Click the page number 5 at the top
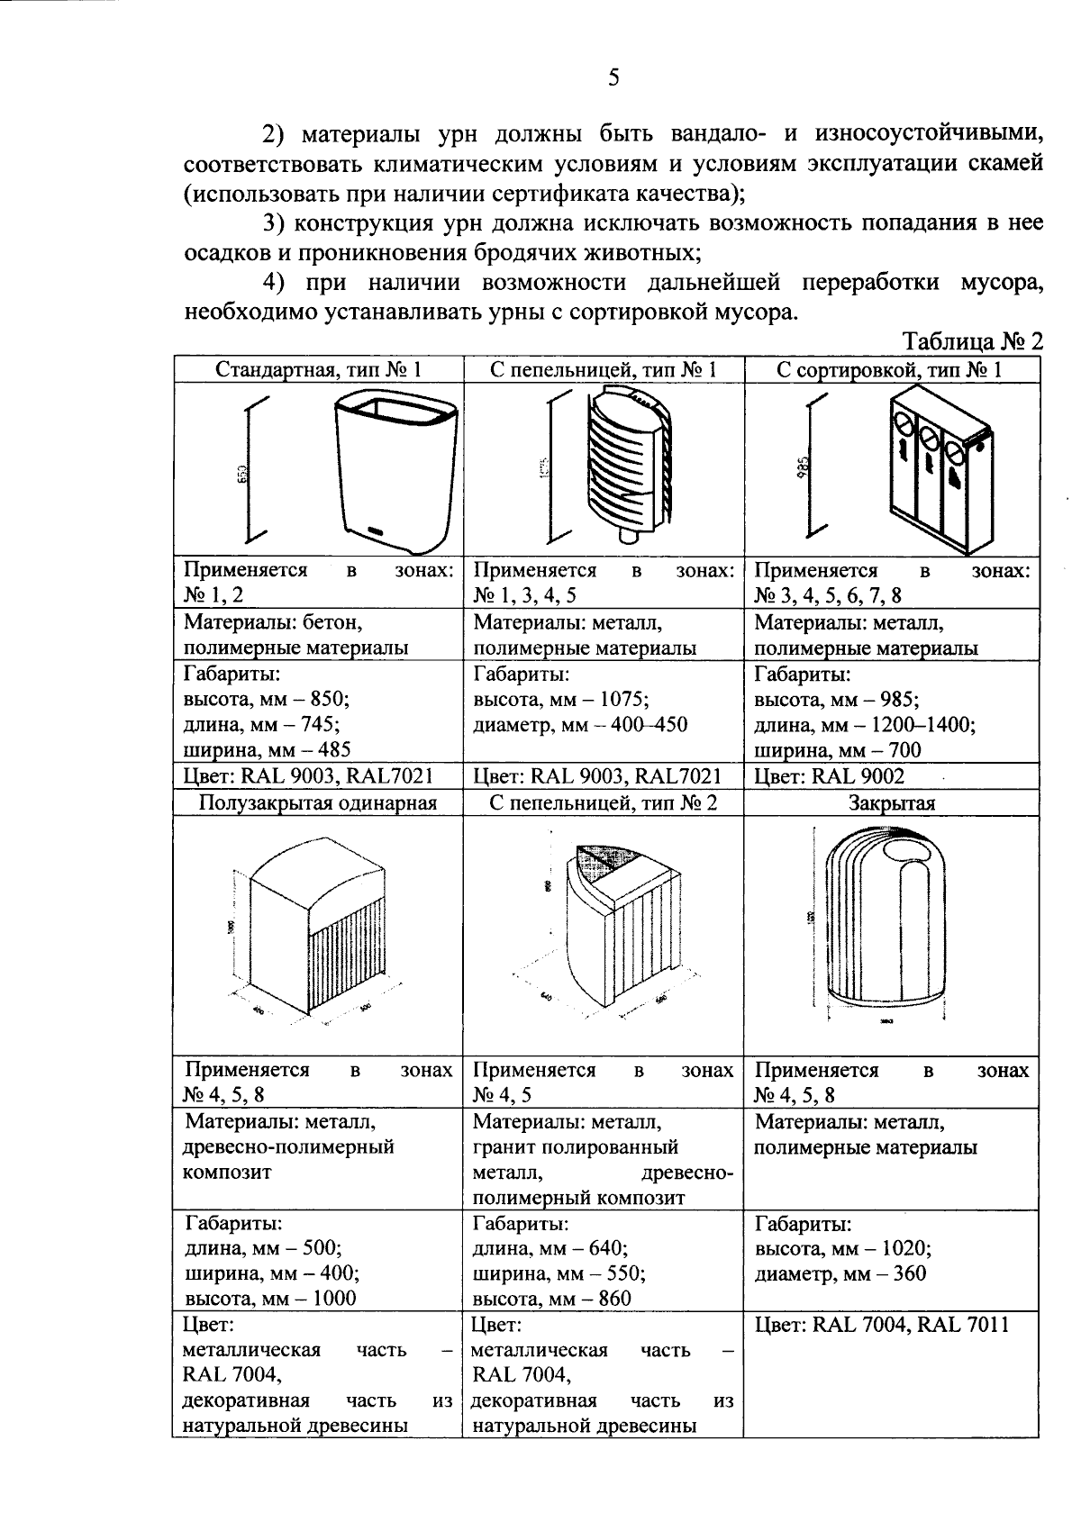tap(613, 77)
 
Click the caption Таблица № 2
tap(972, 342)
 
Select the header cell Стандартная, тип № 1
tap(318, 369)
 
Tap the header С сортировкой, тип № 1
tap(891, 369)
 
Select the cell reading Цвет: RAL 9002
tap(829, 776)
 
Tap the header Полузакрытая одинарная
tap(318, 802)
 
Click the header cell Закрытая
tap(891, 803)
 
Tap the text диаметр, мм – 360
tap(840, 1273)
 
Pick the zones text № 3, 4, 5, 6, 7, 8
tap(828, 595)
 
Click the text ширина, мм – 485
tap(267, 749)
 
